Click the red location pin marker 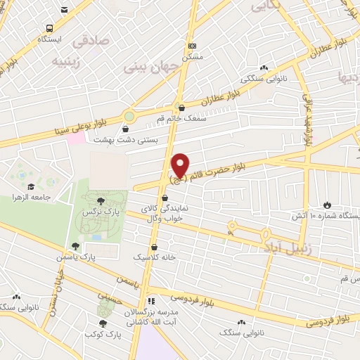181,165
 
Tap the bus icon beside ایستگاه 49,28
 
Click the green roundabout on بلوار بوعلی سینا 129,116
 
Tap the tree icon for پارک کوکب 103,323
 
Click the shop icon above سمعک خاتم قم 182,108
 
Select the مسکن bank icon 192,46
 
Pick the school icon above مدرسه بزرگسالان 150,301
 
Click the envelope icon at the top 65,10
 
